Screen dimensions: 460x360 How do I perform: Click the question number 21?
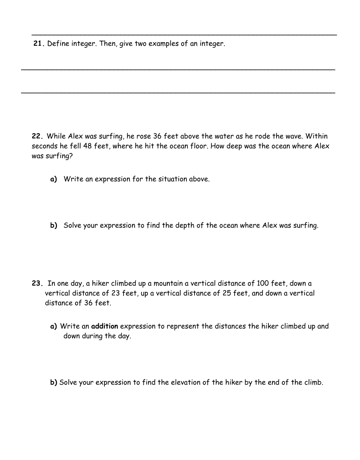pyautogui.click(x=39, y=44)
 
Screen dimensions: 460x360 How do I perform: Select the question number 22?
pyautogui.click(x=38, y=136)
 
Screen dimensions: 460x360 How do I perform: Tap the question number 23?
pyautogui.click(x=38, y=284)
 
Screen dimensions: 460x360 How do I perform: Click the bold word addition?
pyautogui.click(x=104, y=326)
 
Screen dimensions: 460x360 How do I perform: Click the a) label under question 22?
pyautogui.click(x=54, y=179)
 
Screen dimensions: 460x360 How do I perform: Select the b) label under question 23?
pyautogui.click(x=54, y=382)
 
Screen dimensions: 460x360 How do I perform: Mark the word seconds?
pyautogui.click(x=44, y=146)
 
